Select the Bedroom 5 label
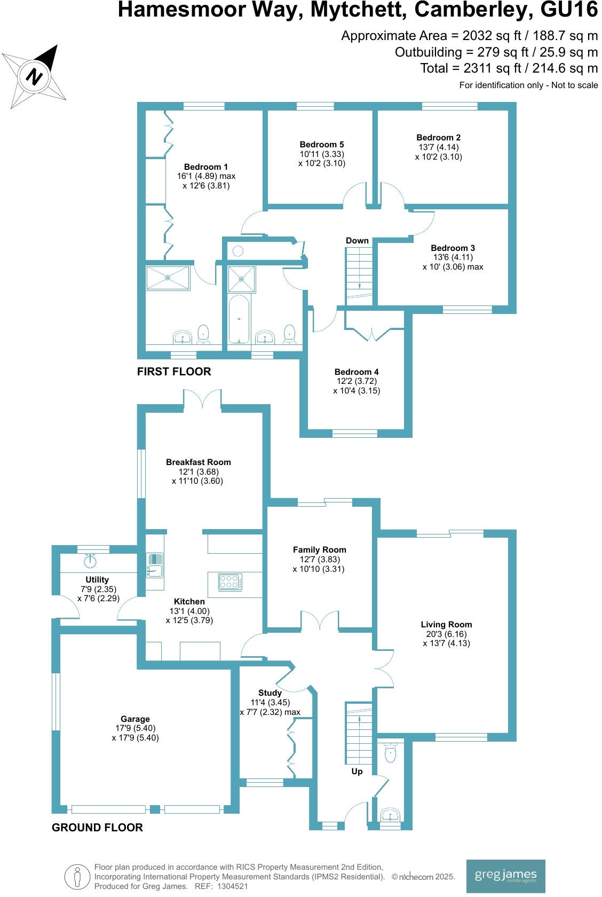(x=321, y=145)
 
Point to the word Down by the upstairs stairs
(x=357, y=241)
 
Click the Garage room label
(x=135, y=719)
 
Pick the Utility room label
(x=97, y=580)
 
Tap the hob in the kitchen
(x=231, y=581)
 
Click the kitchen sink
(x=155, y=565)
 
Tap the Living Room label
(x=446, y=625)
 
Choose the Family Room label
(x=319, y=550)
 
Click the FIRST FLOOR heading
(x=174, y=372)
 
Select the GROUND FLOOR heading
(x=97, y=828)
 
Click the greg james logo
(x=505, y=875)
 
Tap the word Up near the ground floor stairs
(x=357, y=772)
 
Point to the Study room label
(x=270, y=693)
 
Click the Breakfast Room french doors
(x=202, y=400)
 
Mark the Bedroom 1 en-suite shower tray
(x=168, y=278)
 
